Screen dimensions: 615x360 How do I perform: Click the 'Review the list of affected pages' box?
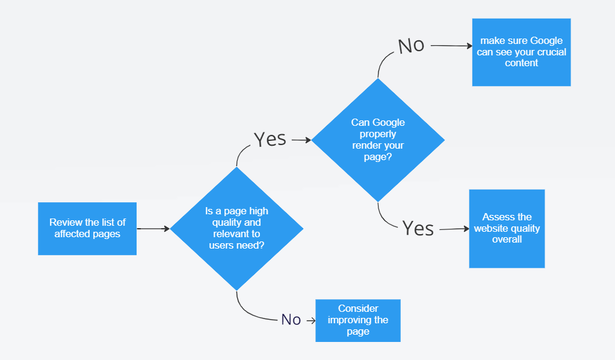[x=87, y=229]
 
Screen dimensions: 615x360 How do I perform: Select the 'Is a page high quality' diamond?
[x=236, y=229]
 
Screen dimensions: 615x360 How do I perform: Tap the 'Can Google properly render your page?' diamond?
[x=378, y=140]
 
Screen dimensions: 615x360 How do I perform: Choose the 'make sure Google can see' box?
[x=521, y=52]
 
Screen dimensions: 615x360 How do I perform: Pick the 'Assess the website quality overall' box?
[x=507, y=229]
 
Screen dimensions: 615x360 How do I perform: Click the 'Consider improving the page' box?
[x=358, y=320]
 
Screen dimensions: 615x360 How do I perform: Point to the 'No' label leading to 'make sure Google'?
[x=411, y=46]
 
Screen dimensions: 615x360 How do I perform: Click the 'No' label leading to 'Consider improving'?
[x=291, y=320]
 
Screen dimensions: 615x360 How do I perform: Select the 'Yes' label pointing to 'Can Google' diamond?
[x=270, y=140]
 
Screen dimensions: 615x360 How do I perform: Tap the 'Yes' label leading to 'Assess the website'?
[x=418, y=228]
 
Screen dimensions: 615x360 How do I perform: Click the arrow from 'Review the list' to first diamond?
[x=153, y=229]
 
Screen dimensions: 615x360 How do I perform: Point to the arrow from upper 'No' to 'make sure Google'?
[x=451, y=46]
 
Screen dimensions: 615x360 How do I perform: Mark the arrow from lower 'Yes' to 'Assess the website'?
[x=454, y=229]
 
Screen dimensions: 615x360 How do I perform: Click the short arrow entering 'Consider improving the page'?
[x=311, y=321]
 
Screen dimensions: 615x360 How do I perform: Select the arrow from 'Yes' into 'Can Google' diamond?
[x=301, y=140]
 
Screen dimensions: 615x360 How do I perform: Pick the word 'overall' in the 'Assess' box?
[x=507, y=240]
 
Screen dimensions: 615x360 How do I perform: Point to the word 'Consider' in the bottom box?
[x=358, y=309]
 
